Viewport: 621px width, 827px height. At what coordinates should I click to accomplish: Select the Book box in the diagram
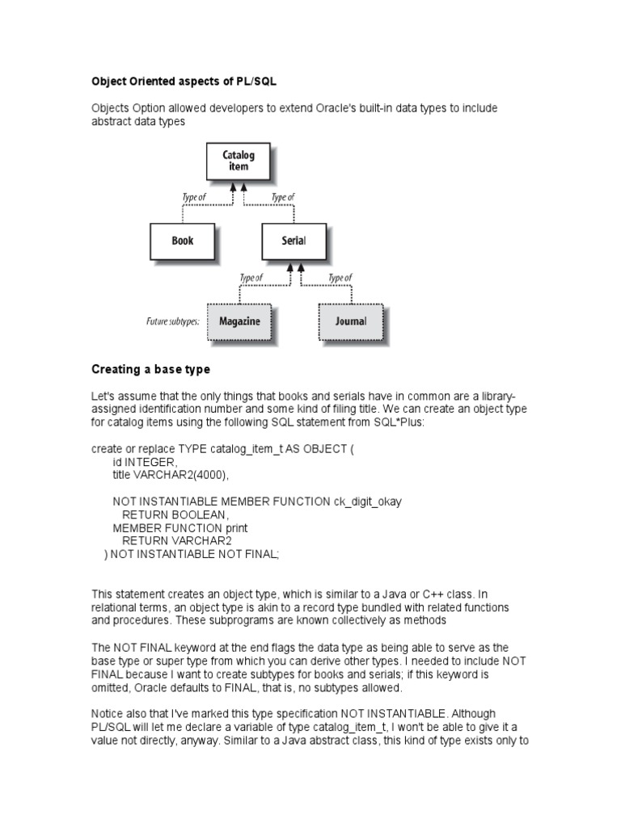[183, 241]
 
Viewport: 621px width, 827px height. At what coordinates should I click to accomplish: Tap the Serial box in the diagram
[294, 241]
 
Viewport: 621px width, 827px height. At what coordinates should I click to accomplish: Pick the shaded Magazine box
[239, 321]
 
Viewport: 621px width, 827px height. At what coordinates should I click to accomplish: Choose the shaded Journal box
[351, 321]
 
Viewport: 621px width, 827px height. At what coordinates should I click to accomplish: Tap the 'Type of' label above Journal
[338, 278]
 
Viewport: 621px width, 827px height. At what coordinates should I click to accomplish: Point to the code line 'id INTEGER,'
[144, 462]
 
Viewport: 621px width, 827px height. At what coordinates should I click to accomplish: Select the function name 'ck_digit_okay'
[367, 502]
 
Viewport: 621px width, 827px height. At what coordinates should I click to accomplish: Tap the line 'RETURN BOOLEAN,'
[175, 514]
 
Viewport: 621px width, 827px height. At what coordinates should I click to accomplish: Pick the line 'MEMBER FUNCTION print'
[180, 528]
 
